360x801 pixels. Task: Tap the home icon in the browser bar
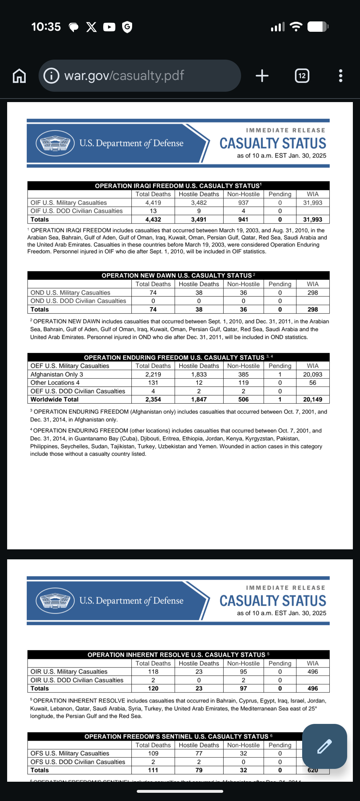coord(19,76)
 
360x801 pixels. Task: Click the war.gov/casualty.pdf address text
coord(124,76)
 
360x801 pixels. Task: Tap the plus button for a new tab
coord(262,76)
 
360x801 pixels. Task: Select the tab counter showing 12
coord(302,76)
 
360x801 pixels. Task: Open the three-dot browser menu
coord(340,76)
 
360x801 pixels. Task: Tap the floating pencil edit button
coord(324,746)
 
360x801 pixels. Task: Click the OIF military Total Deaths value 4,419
coord(153,203)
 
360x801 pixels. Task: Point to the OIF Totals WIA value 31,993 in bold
coord(312,220)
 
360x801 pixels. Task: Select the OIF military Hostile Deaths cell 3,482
coord(199,203)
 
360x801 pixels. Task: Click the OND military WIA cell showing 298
coord(312,293)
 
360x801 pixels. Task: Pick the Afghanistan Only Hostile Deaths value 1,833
coord(199,374)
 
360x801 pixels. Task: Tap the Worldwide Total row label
coord(55,399)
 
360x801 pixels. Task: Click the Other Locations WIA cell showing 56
coord(312,383)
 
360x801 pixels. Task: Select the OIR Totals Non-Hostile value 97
coord(243,688)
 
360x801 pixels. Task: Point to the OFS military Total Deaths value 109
coord(153,753)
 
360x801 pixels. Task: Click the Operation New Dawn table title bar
coord(178,276)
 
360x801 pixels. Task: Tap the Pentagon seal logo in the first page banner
coord(55,143)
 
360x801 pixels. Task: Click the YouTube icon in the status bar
coord(109,27)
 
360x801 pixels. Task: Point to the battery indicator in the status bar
coord(317,27)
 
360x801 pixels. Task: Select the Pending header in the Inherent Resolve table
coord(280,663)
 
